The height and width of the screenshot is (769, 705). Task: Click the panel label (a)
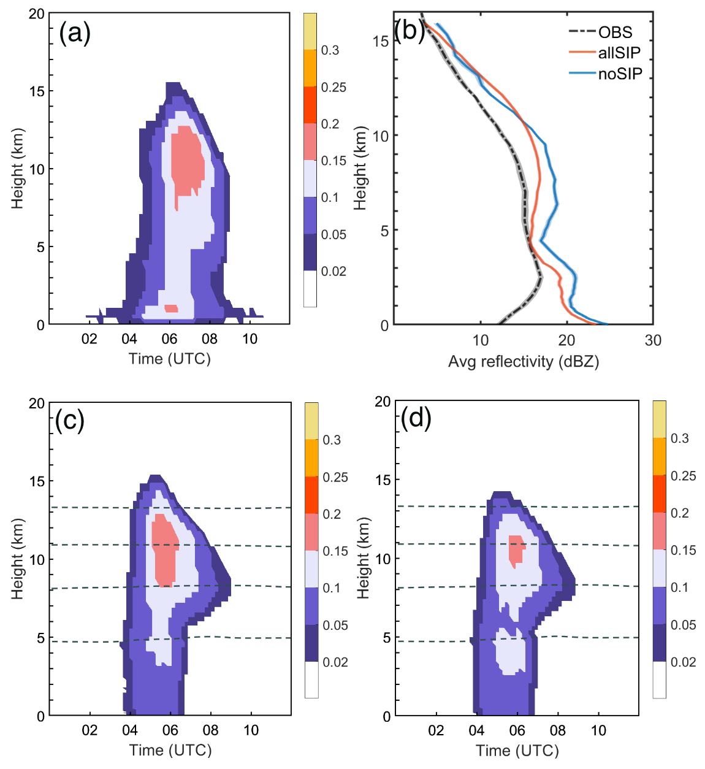(x=75, y=33)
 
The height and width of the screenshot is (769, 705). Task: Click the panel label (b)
(x=410, y=29)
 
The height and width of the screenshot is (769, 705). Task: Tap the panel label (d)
(x=416, y=419)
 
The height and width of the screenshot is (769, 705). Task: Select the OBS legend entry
(x=615, y=33)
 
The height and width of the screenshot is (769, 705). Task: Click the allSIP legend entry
(x=619, y=53)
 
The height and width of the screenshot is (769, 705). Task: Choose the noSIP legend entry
(x=620, y=74)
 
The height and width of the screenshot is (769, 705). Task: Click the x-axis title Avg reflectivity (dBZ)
(x=523, y=362)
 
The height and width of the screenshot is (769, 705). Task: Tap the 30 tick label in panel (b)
(x=653, y=341)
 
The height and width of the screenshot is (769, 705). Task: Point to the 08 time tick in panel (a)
(x=210, y=339)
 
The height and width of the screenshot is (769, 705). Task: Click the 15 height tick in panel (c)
(x=37, y=481)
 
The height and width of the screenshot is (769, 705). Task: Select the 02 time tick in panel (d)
(x=436, y=730)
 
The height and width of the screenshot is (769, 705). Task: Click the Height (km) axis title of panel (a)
(x=17, y=169)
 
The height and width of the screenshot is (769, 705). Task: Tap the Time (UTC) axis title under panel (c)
(x=170, y=750)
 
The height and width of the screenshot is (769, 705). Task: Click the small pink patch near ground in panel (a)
(x=171, y=308)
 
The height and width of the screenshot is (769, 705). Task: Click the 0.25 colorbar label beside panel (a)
(x=333, y=88)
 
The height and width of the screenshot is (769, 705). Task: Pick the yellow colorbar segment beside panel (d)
(x=659, y=419)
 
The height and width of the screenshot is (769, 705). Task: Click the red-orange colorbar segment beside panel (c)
(x=311, y=495)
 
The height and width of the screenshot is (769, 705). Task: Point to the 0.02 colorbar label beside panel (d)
(x=683, y=662)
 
